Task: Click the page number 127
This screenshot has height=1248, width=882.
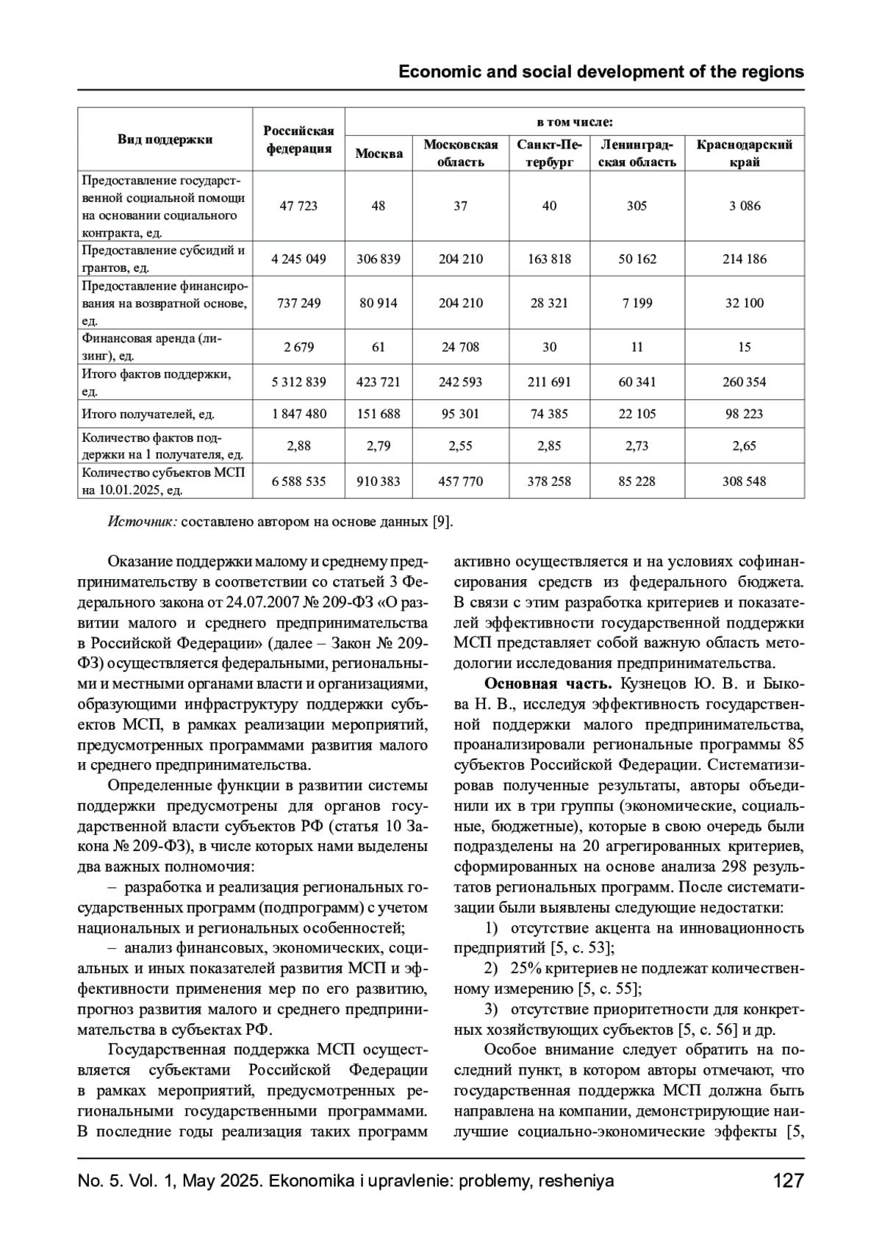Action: [788, 1181]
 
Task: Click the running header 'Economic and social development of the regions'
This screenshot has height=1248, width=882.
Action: [600, 72]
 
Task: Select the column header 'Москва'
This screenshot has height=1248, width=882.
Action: [379, 154]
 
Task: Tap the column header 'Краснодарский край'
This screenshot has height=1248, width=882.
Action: [744, 153]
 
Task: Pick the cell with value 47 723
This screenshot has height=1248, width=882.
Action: [298, 206]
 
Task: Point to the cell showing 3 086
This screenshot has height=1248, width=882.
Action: [744, 206]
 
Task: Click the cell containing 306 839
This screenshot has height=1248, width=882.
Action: [379, 259]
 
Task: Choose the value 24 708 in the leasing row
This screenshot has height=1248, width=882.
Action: [460, 347]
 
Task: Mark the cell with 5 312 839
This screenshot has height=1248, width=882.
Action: [298, 382]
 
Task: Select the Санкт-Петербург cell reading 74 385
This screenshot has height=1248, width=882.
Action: [549, 414]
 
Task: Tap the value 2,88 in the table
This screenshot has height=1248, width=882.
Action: [298, 446]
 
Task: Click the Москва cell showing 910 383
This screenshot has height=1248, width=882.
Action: [379, 481]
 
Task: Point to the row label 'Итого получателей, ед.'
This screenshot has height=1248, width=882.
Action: [148, 415]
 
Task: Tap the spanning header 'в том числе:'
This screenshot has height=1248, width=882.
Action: [574, 121]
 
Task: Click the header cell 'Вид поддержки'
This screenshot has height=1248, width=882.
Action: [165, 139]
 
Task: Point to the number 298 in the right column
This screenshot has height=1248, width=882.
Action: [737, 867]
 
